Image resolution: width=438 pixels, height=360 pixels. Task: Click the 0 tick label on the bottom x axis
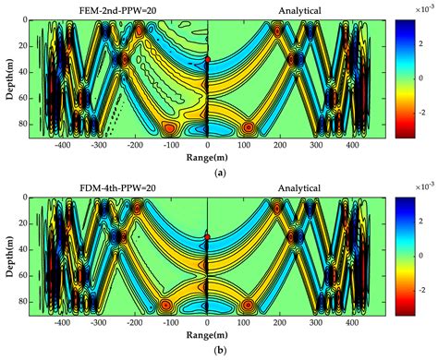(x=208, y=325)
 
